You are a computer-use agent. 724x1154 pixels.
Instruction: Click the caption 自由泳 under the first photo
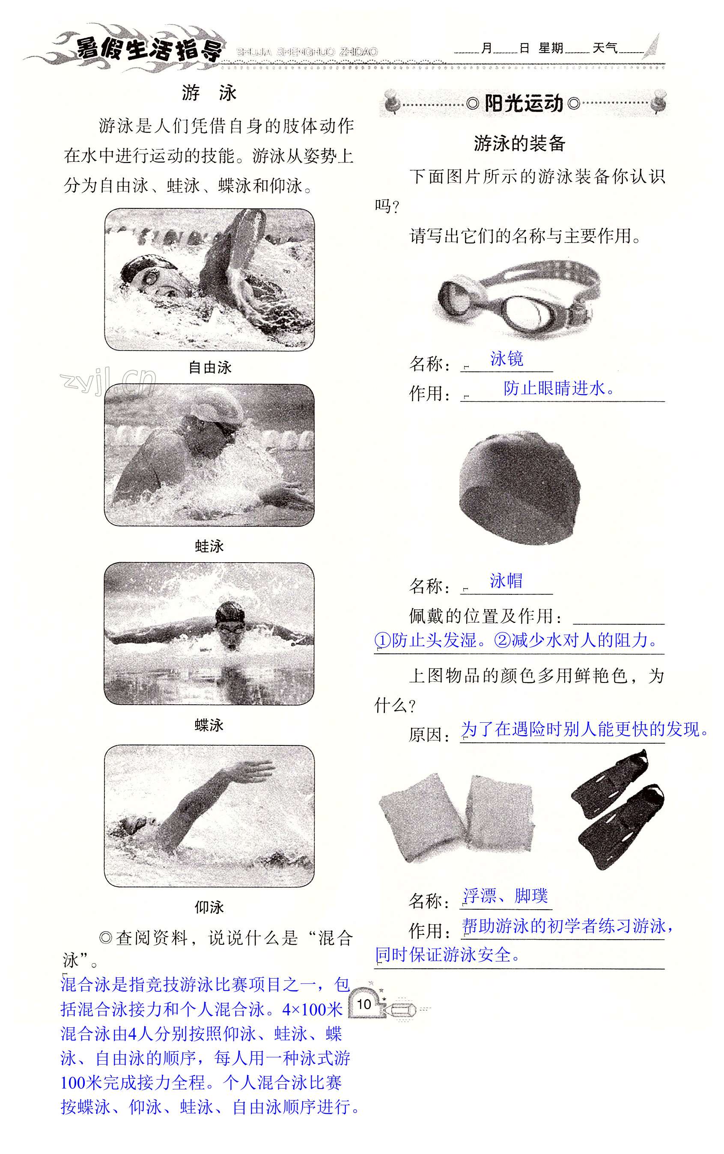coord(210,368)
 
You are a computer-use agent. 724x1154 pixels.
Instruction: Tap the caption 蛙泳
coord(209,546)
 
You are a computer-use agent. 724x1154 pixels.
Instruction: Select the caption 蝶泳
coord(209,725)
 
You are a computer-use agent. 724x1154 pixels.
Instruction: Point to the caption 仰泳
coord(209,907)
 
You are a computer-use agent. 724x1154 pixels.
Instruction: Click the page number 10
coord(364,1004)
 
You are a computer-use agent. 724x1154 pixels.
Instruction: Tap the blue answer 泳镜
coord(507,359)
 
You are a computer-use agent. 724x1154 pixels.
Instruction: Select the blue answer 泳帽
coord(506,581)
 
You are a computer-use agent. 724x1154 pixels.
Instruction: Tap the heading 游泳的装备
coord(519,143)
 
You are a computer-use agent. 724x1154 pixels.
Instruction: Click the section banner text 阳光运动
coord(523,104)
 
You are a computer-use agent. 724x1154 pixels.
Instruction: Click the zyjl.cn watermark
coord(108,380)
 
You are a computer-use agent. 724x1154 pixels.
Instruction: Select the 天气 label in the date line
coord(605,48)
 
